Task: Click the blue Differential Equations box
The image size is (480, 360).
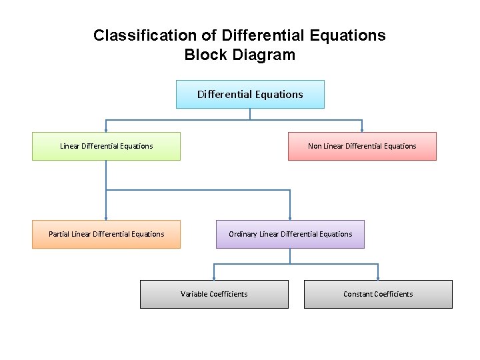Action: pyautogui.click(x=250, y=94)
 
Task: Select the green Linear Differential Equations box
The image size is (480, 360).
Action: pyautogui.click(x=106, y=146)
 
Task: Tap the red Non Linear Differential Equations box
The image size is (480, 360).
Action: pyautogui.click(x=362, y=146)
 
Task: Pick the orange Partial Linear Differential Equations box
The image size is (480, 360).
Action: pyautogui.click(x=106, y=234)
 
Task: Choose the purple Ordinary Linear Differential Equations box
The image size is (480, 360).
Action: pyautogui.click(x=290, y=234)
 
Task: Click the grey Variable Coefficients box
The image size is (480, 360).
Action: pyautogui.click(x=214, y=294)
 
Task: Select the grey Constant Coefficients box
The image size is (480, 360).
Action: pyautogui.click(x=378, y=294)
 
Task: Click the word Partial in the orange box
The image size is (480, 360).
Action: pyautogui.click(x=59, y=234)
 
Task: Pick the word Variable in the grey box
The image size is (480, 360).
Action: pyautogui.click(x=194, y=294)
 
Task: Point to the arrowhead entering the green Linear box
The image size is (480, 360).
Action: pyautogui.click(x=106, y=129)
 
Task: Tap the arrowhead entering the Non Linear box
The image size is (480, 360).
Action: pyautogui.click(x=362, y=129)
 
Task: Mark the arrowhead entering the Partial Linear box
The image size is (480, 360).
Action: pyautogui.click(x=106, y=217)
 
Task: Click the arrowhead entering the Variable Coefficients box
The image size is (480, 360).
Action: pyautogui.click(x=214, y=277)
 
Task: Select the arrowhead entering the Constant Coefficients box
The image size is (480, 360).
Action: pyautogui.click(x=378, y=277)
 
